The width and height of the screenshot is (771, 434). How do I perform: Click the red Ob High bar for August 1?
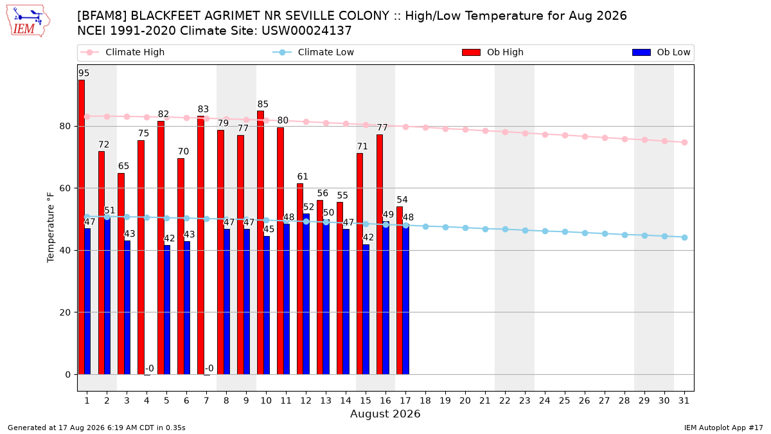pyautogui.click(x=81, y=228)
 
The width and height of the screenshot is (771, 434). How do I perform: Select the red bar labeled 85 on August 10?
pyautogui.click(x=261, y=243)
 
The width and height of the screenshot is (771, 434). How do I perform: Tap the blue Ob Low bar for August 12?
pyautogui.click(x=306, y=294)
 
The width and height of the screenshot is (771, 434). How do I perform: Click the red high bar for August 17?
pyautogui.click(x=400, y=291)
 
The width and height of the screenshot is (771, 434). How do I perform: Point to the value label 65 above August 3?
pyautogui.click(x=123, y=166)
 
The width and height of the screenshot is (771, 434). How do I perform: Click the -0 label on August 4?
pyautogui.click(x=150, y=368)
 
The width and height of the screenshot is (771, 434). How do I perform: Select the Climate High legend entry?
pyautogui.click(x=123, y=52)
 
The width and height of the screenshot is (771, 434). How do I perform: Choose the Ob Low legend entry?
pyautogui.click(x=661, y=52)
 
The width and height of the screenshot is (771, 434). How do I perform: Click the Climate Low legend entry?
pyautogui.click(x=314, y=52)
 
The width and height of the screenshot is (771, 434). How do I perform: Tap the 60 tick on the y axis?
pyautogui.click(x=65, y=188)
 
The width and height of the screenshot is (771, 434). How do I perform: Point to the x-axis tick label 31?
pyautogui.click(x=684, y=401)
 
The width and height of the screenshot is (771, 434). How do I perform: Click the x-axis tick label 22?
pyautogui.click(x=505, y=401)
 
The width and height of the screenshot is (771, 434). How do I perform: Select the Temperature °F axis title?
pyautogui.click(x=51, y=228)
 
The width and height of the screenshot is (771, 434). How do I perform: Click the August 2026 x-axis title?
pyautogui.click(x=385, y=413)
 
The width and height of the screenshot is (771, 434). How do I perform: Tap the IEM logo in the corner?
pyautogui.click(x=28, y=21)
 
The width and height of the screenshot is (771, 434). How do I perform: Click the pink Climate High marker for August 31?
pyautogui.click(x=684, y=143)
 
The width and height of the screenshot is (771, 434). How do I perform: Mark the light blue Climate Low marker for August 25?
pyautogui.click(x=565, y=232)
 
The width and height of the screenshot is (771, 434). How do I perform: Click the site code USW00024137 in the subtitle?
pyautogui.click(x=306, y=31)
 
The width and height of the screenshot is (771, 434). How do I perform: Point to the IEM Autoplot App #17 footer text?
pyautogui.click(x=723, y=428)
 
